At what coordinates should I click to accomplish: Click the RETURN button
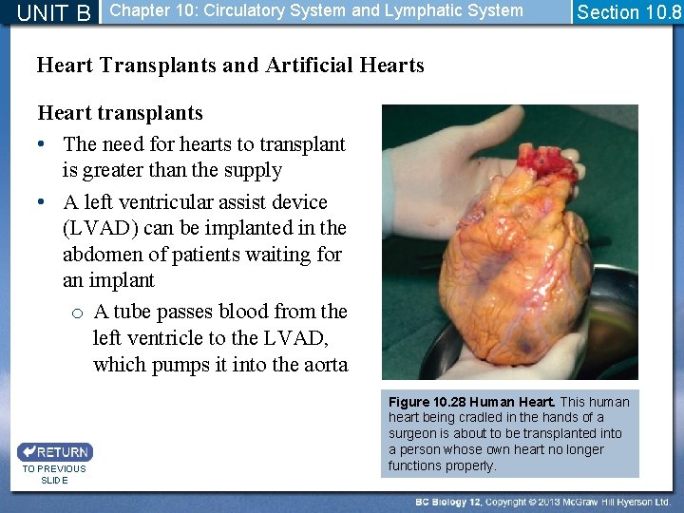pyautogui.click(x=54, y=452)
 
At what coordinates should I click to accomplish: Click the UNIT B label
pyautogui.click(x=54, y=13)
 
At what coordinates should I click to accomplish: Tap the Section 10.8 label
pyautogui.click(x=629, y=12)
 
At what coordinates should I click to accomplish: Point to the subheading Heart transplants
pyautogui.click(x=120, y=113)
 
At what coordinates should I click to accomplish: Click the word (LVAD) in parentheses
pyautogui.click(x=104, y=228)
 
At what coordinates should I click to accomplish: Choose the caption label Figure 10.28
pyautogui.click(x=424, y=402)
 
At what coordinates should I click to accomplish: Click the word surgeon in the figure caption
pyautogui.click(x=412, y=433)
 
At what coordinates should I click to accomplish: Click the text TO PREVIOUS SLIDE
pyautogui.click(x=54, y=474)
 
